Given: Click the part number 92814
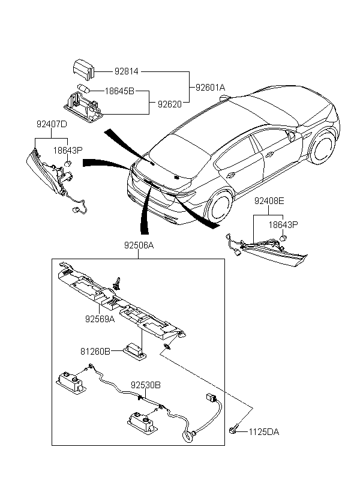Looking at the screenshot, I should [x=127, y=71].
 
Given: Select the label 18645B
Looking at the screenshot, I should [x=119, y=92].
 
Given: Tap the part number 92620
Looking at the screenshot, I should [x=170, y=104].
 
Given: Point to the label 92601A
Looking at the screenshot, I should [x=210, y=88].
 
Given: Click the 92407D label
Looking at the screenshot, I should [x=52, y=125].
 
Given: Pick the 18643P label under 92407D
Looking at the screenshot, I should [x=67, y=150].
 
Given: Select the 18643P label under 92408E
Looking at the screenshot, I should [x=283, y=225].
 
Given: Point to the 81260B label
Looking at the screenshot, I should [x=95, y=352].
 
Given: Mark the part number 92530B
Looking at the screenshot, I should [x=146, y=385].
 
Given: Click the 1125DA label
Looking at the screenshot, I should [x=265, y=431].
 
